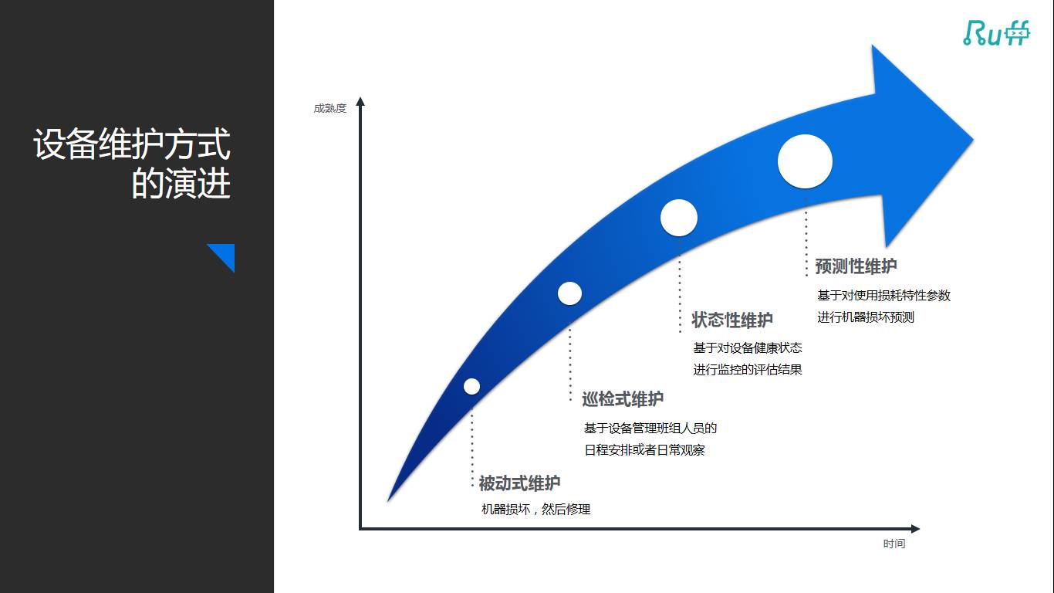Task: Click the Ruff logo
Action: pos(996,32)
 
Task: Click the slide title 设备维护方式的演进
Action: pos(132,164)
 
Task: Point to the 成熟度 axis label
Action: pos(329,109)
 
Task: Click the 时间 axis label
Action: pos(894,544)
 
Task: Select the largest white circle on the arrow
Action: pos(805,161)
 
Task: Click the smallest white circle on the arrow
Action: pos(471,386)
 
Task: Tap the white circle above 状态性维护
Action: pos(679,218)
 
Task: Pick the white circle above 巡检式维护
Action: pos(569,293)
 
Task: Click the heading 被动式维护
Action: pos(519,484)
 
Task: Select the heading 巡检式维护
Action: pos(622,399)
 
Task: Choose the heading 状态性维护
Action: pos(731,320)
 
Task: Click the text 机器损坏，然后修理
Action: pos(535,510)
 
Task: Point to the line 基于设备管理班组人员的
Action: pos(650,428)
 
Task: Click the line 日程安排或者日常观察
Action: pos(644,450)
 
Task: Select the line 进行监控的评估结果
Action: pos(747,370)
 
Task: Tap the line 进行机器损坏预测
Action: pos(866,317)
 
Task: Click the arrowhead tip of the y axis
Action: pos(360,100)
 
